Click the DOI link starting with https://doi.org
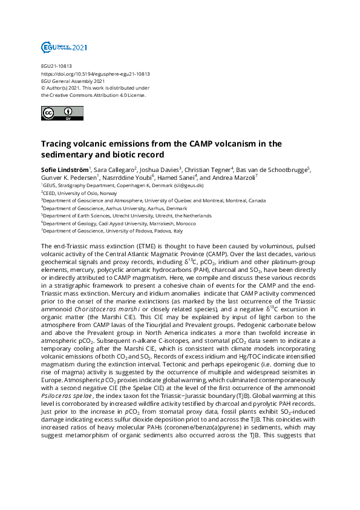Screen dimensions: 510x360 click(95, 74)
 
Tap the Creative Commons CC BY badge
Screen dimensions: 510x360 click(57, 114)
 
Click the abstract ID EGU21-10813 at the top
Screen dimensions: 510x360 click(56, 67)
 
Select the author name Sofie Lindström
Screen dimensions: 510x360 click(65, 169)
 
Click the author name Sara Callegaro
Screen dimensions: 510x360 click(114, 169)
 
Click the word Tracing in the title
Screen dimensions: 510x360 click(58, 144)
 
